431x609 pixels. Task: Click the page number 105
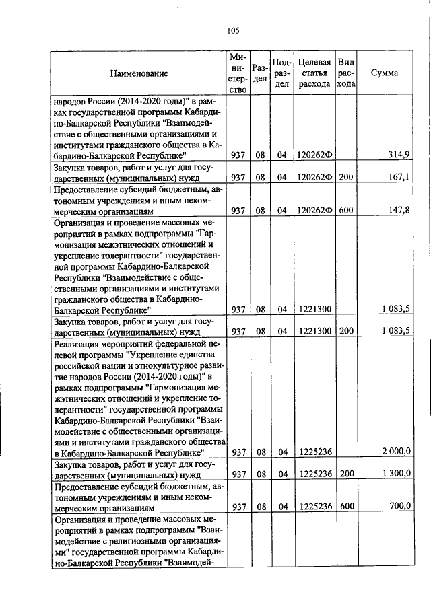(234, 30)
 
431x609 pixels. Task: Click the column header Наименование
(140, 73)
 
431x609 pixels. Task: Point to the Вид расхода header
(346, 73)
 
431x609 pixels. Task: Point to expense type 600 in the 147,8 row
(346, 210)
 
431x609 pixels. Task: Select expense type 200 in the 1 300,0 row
(346, 474)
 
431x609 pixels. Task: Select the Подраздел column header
(281, 73)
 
